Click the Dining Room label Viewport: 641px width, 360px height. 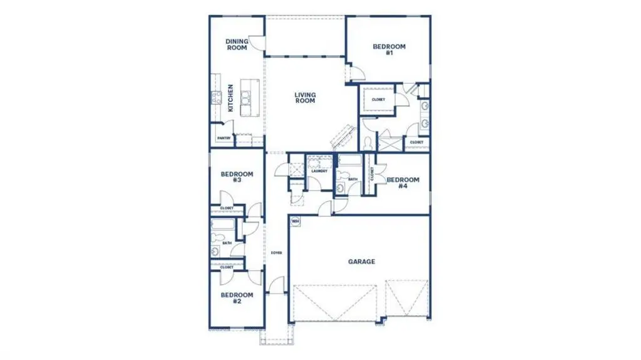click(x=237, y=44)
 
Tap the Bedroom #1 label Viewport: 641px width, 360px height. click(x=389, y=49)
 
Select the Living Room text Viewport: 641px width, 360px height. click(x=305, y=98)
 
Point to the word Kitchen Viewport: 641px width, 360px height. click(x=230, y=98)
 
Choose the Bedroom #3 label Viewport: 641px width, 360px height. click(x=237, y=177)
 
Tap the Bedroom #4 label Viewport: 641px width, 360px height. click(x=403, y=183)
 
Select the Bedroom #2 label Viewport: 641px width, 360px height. click(x=237, y=297)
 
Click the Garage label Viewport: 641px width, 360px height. click(x=362, y=262)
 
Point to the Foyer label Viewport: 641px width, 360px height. click(x=276, y=253)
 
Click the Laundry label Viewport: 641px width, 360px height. click(x=319, y=171)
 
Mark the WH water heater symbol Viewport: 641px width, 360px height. click(x=295, y=221)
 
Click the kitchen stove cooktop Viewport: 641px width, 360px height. click(x=216, y=97)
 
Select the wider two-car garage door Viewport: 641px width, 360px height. click(x=335, y=302)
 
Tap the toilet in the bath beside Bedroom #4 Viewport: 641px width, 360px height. click(x=340, y=187)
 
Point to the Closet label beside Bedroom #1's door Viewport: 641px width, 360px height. click(x=378, y=100)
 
